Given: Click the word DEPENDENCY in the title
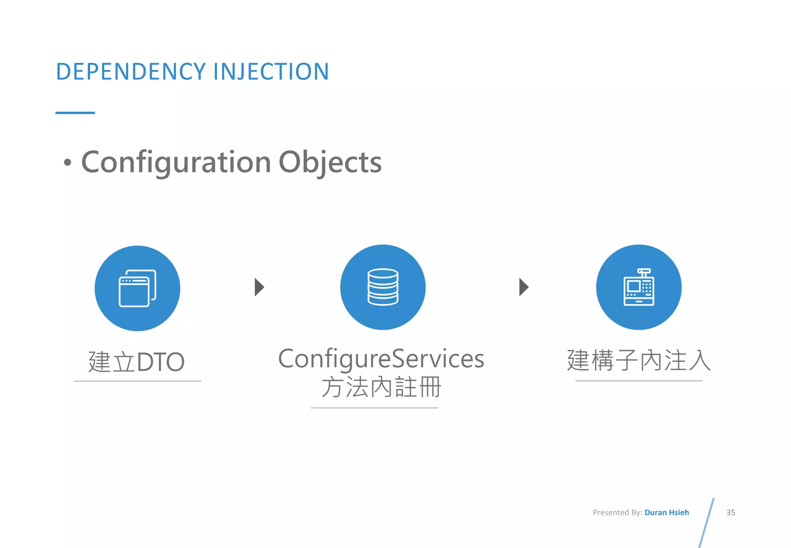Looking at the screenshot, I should pos(131,72).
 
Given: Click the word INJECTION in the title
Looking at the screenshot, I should pos(271,72).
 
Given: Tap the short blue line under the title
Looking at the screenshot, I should pos(75,113).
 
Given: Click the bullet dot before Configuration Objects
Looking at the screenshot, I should pos(68,162).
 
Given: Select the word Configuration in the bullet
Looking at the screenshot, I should pos(176,162).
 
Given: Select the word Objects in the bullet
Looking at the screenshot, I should pos(330,162).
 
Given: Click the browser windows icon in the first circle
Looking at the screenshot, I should pos(137,288).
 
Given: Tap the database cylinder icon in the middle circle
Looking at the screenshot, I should pos(383,287).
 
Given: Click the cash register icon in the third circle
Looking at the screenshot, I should pos(639,287).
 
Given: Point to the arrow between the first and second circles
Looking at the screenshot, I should pos(259,287).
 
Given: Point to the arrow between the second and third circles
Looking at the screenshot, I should pos(523,287).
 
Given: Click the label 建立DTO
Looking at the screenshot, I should pos(137,362).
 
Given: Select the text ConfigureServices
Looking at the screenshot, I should pos(381,359).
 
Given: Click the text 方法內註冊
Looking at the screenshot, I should pos(381,387).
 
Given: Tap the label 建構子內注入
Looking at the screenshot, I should pos(639,360).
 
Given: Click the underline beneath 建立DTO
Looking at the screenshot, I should pos(137,381).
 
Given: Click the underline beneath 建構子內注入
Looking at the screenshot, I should pos(639,381).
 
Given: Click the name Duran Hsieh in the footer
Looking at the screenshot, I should pos(667,512).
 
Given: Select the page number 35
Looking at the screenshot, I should pos(730,512).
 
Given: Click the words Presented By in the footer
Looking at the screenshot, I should pos(617,512).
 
